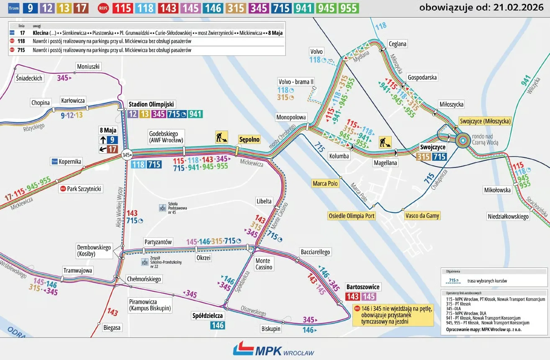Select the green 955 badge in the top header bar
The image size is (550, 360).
[348, 8]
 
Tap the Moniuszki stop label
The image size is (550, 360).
[89, 67]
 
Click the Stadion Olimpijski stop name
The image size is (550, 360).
[152, 104]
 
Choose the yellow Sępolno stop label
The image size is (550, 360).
[249, 139]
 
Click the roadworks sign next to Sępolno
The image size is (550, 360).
[221, 137]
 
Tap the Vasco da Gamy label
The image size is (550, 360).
[422, 216]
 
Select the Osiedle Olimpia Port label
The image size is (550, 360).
[352, 216]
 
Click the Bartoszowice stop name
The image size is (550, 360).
[363, 287]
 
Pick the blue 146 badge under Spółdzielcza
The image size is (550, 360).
[218, 325]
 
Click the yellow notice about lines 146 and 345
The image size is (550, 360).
[393, 315]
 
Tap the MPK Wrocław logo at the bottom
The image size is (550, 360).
[273, 349]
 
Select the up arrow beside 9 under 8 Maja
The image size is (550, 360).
[103, 140]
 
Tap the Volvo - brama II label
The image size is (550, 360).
[296, 81]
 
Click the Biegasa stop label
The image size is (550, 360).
[112, 328]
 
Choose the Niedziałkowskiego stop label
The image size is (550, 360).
[508, 216]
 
